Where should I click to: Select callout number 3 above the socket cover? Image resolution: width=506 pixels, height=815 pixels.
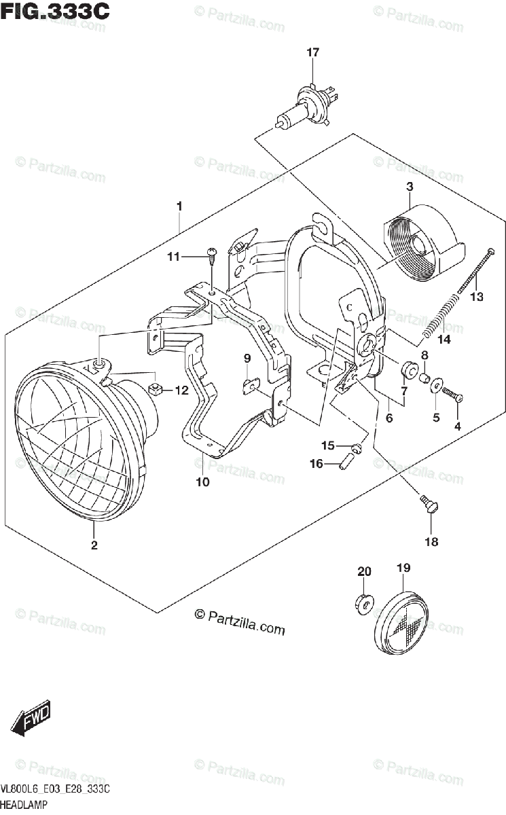pyautogui.click(x=410, y=186)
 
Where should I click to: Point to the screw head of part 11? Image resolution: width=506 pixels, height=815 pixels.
pyautogui.click(x=211, y=255)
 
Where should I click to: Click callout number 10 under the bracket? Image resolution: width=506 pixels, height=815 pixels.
pyautogui.click(x=202, y=482)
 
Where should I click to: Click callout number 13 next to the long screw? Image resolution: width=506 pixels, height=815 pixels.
pyautogui.click(x=476, y=296)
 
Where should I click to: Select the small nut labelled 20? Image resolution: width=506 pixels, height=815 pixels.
pyautogui.click(x=362, y=602)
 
